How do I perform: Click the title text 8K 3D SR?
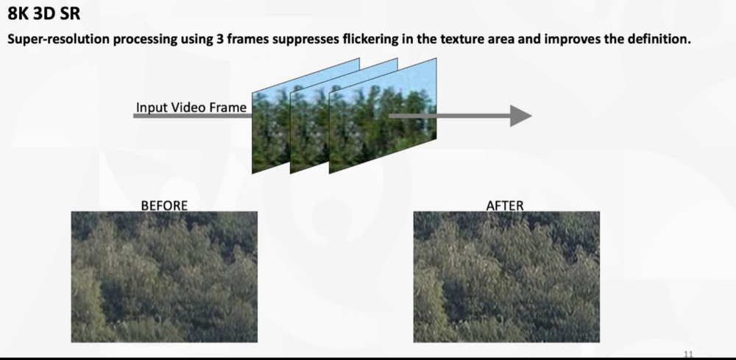click(x=44, y=13)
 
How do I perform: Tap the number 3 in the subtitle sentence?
click(x=219, y=39)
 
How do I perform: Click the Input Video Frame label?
click(x=191, y=107)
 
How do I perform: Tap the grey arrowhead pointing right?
click(x=520, y=116)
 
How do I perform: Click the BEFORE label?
click(x=164, y=205)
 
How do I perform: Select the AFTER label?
click(x=505, y=205)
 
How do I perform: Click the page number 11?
click(x=687, y=354)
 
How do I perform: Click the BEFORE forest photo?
click(x=164, y=277)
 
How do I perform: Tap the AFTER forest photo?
click(x=506, y=277)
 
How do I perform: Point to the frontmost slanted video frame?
click(x=383, y=116)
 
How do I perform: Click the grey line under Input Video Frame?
click(x=192, y=116)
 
